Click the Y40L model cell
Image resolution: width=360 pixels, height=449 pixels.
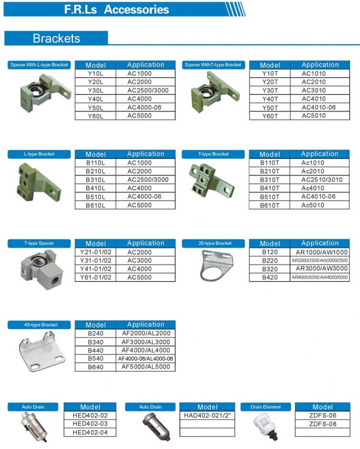click(x=95, y=99)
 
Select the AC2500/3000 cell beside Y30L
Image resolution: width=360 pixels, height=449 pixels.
click(x=148, y=91)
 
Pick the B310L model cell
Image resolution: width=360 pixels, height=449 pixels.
click(x=95, y=180)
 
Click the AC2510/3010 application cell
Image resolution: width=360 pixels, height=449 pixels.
click(x=321, y=180)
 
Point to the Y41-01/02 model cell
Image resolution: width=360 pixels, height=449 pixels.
click(x=96, y=269)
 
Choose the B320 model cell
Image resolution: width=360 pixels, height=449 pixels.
click(x=270, y=269)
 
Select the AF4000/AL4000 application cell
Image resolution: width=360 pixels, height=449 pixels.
click(x=146, y=350)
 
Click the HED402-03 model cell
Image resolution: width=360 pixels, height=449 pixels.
click(x=90, y=424)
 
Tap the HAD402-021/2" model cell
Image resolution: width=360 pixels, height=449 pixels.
click(x=207, y=416)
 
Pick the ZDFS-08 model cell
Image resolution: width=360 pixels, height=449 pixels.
click(x=322, y=424)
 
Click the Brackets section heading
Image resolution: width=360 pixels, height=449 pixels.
click(x=56, y=38)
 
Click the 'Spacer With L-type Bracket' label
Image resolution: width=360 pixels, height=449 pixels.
click(x=39, y=65)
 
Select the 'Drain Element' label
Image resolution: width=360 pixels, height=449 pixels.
click(x=266, y=407)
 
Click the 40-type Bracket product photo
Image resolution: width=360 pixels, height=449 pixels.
click(x=39, y=349)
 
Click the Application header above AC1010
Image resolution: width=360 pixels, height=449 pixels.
click(x=320, y=65)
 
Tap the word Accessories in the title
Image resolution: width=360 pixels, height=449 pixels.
click(x=136, y=10)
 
